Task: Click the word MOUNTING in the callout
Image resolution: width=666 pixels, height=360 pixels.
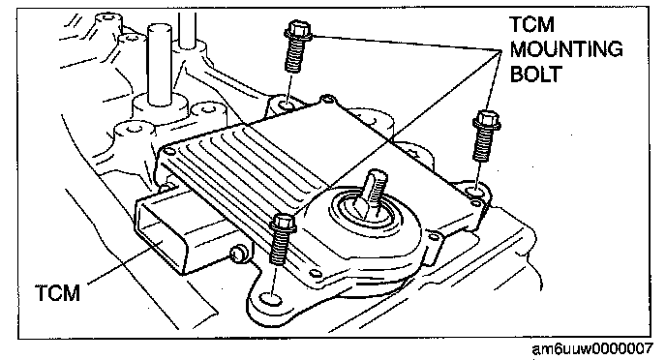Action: point(566,49)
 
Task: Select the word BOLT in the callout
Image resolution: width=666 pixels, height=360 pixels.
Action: point(535,75)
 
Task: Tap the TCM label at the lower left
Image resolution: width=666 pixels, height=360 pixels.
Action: point(57,293)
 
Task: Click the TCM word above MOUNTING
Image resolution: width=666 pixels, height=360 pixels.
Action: point(531,24)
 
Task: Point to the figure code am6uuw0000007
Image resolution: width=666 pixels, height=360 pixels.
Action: point(592,348)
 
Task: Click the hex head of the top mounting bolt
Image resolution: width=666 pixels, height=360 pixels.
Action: point(298,31)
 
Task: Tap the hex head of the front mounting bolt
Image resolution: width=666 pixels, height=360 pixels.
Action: point(284,224)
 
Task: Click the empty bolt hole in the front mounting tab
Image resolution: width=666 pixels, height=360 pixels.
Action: point(270,299)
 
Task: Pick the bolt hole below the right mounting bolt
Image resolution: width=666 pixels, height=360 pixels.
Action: point(475,193)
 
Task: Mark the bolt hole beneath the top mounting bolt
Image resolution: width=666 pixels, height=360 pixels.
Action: point(286,104)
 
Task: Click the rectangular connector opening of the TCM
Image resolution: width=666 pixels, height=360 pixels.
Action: point(161,233)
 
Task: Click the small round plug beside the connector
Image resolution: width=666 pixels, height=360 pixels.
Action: point(239,253)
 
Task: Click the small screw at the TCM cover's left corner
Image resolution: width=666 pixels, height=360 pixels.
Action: point(169,151)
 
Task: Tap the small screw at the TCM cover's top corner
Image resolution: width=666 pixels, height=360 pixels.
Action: point(326,100)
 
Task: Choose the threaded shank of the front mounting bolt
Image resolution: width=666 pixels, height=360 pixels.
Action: point(278,250)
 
